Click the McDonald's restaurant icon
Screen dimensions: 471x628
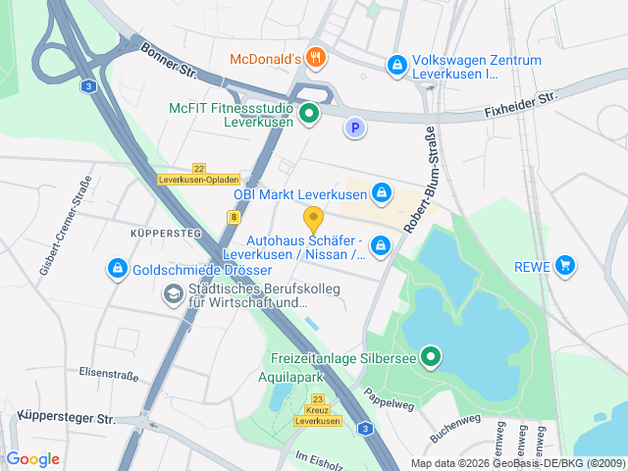(x=315, y=58)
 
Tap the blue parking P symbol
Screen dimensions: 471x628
(x=354, y=127)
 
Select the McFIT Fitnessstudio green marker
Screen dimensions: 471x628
(x=309, y=115)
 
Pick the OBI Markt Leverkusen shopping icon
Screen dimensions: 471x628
(x=381, y=191)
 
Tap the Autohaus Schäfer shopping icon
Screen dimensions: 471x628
(x=381, y=247)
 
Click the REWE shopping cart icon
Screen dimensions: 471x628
(x=564, y=265)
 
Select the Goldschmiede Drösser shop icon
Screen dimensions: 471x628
(x=117, y=267)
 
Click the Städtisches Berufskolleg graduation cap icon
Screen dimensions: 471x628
(x=173, y=292)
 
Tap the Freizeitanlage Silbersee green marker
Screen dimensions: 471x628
(x=430, y=356)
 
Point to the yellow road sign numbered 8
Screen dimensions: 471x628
(x=235, y=215)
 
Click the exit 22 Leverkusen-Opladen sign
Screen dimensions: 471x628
(x=198, y=175)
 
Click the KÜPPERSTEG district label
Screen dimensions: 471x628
(x=166, y=234)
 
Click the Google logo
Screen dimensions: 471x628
(x=32, y=459)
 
